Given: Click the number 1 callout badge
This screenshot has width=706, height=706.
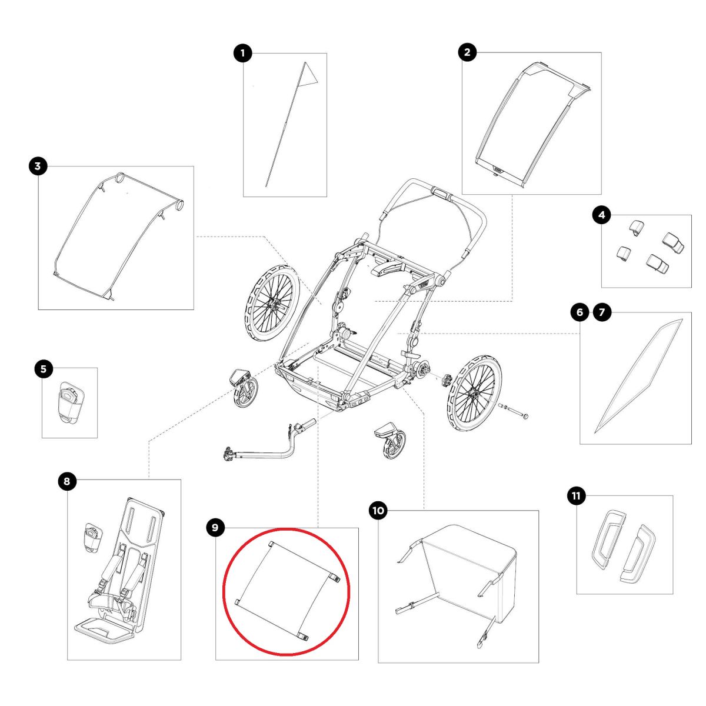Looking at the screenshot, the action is click(x=242, y=54).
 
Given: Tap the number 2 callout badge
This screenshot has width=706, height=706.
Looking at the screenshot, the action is click(x=467, y=52).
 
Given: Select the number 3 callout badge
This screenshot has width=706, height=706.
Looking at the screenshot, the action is click(x=38, y=166).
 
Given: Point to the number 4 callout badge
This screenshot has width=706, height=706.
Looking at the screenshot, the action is click(x=602, y=215).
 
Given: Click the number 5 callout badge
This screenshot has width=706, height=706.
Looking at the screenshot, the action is click(x=44, y=368).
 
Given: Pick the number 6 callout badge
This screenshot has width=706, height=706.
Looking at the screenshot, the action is click(x=580, y=312).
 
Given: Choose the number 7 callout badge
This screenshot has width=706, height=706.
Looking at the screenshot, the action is click(x=602, y=312).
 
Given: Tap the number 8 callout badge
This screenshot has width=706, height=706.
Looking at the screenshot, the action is click(x=66, y=481).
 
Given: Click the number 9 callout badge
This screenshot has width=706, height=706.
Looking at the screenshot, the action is click(x=215, y=528).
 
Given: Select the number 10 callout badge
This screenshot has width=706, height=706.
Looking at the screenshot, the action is click(x=378, y=510).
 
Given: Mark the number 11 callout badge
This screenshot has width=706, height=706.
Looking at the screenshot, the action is click(x=577, y=496).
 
